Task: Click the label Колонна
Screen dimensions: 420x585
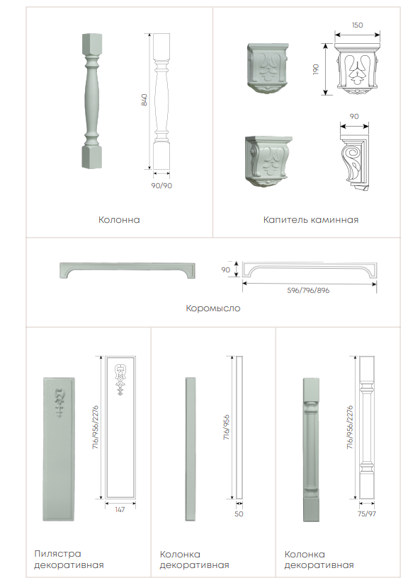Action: tap(119, 220)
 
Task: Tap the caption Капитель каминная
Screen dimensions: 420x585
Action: tap(310, 220)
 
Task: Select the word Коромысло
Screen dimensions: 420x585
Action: tap(213, 308)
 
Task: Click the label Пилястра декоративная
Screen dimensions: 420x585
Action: tap(69, 560)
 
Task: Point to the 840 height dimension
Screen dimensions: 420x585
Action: tap(144, 100)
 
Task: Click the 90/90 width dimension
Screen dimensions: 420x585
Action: tap(161, 185)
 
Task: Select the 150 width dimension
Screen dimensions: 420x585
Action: tap(357, 25)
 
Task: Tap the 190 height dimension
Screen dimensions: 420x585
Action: tap(316, 69)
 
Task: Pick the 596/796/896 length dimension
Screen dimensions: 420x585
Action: tap(308, 290)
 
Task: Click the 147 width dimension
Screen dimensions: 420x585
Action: tap(120, 509)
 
